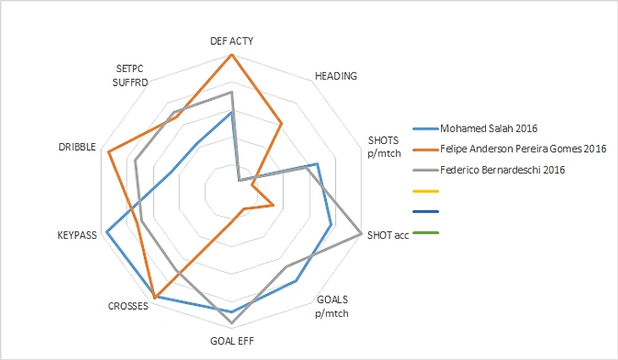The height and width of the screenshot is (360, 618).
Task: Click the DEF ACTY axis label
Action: tap(231, 40)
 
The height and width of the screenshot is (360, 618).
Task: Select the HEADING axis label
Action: tap(335, 75)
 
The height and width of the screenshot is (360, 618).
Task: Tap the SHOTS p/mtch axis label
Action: tap(383, 146)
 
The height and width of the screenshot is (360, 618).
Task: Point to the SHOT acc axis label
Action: tap(389, 235)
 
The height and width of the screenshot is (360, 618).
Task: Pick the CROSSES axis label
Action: tap(129, 306)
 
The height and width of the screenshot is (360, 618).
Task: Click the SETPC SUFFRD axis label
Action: tap(131, 76)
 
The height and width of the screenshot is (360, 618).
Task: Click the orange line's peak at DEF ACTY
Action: tap(231, 55)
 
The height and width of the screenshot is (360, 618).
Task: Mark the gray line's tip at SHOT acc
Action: tap(361, 233)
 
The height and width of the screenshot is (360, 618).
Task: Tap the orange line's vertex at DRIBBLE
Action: tap(109, 152)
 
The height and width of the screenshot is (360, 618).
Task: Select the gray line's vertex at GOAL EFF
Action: tap(231, 324)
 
